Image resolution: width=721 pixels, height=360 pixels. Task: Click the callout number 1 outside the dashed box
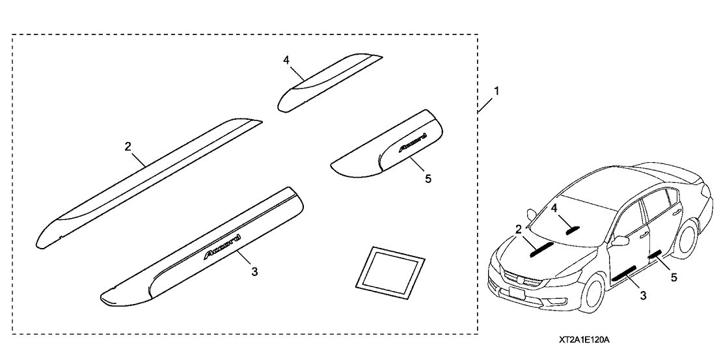tap(497, 92)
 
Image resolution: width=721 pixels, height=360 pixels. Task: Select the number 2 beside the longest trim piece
tap(128, 146)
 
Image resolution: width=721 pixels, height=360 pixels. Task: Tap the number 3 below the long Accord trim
tap(254, 271)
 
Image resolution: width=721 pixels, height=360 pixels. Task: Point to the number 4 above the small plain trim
tap(286, 60)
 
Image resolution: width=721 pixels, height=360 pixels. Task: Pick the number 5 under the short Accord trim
tap(428, 178)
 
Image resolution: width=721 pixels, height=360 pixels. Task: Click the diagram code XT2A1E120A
tap(588, 340)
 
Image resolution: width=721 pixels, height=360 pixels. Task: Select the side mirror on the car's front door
tap(619, 241)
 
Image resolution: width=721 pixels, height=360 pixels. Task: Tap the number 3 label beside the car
tap(643, 296)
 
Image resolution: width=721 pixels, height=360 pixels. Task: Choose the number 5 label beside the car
tap(673, 277)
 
